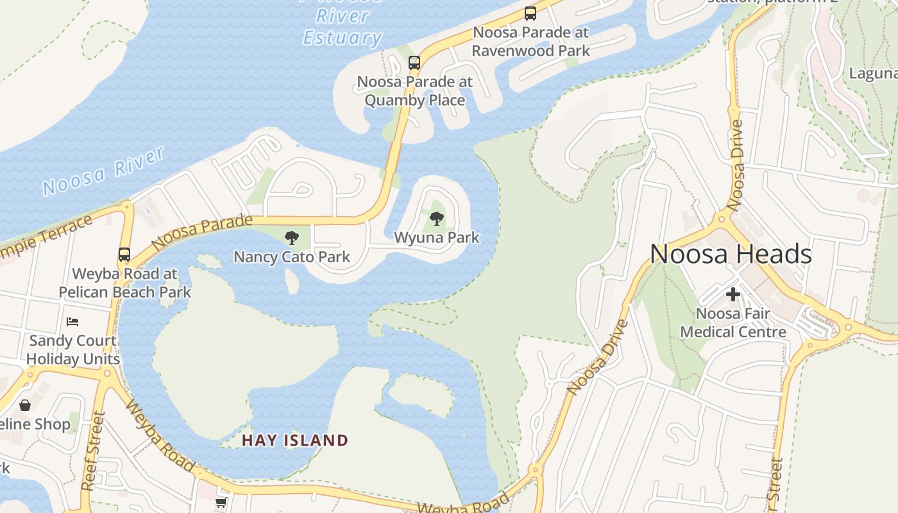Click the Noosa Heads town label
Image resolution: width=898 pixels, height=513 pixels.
731,254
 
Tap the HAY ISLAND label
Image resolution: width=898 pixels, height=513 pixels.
295,441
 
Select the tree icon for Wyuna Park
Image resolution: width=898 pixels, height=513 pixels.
437,219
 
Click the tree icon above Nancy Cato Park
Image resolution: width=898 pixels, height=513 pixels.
292,239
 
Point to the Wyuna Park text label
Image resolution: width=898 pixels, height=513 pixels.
437,237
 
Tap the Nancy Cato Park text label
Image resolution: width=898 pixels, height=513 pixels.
292,257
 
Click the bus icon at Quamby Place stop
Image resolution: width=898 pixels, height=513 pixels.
414,63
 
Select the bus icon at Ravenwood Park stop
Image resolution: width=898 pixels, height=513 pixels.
530,13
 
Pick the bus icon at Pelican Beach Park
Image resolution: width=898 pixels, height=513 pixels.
124,255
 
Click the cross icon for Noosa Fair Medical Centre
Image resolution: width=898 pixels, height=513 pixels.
733,295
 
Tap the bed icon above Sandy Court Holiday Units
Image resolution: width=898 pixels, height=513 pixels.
72,321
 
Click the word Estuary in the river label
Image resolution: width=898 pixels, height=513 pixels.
343,37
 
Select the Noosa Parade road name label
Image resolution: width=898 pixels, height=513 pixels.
202,231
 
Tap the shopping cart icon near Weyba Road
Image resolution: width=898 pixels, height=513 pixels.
221,502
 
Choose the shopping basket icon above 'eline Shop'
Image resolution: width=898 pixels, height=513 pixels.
25,405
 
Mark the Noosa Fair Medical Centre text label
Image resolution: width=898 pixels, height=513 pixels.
733,323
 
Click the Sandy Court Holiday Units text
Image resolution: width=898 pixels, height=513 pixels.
72,349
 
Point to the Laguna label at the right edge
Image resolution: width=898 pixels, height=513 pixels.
872,73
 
